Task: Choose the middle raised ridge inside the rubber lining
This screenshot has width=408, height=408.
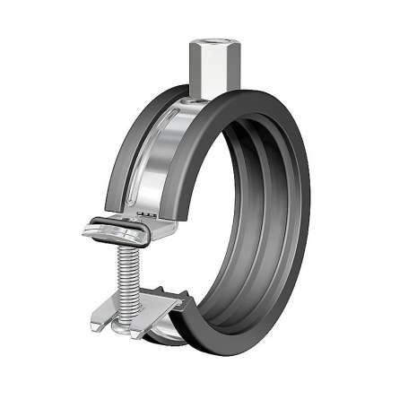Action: pyautogui.click(x=269, y=206)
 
